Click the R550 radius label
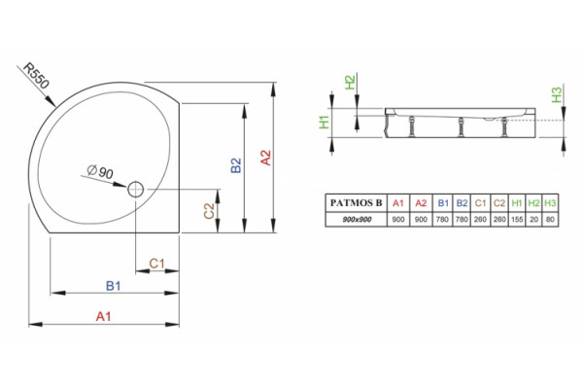coord(36,76)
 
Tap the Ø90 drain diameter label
coord(100,171)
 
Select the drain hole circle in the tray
coord(136,189)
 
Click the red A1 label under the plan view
coord(103,316)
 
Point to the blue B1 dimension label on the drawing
coord(114,286)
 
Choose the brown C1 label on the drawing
coord(156,264)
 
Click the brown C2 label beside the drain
coord(210,211)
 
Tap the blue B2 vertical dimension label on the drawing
coord(236,165)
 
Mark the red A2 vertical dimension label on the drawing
coord(266,158)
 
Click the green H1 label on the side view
coord(325,123)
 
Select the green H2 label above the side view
coord(350,83)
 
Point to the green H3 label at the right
coord(557,94)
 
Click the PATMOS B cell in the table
coord(357,203)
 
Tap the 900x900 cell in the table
coord(357,219)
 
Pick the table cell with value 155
coord(517,219)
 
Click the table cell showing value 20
coord(533,219)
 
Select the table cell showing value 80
coord(550,219)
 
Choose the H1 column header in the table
coord(517,203)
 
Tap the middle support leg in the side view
coord(461,127)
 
